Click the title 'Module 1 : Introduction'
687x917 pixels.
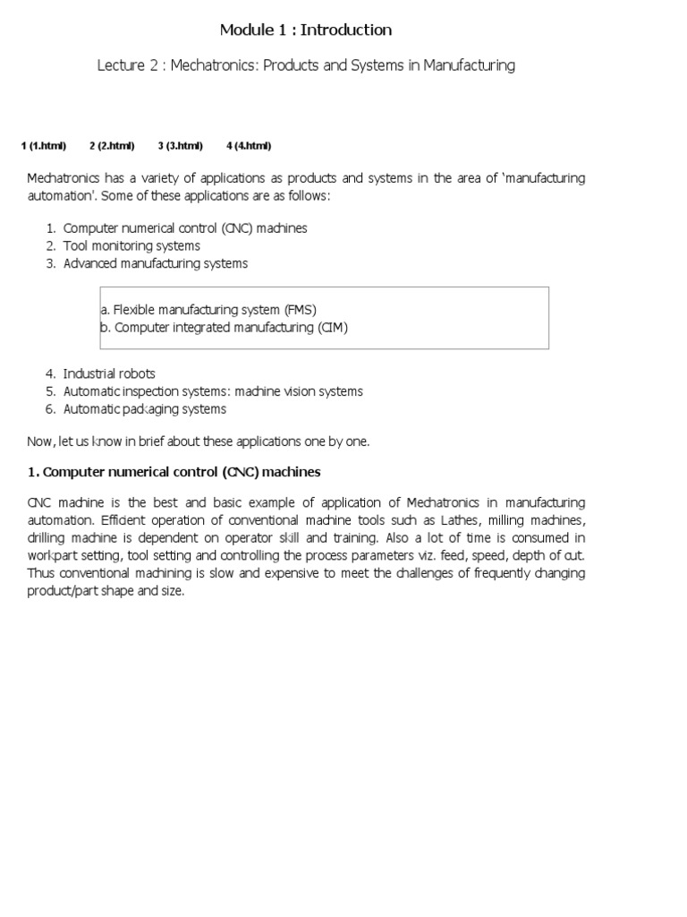[306, 30]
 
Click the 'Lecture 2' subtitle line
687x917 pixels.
[306, 65]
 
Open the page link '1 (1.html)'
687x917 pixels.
[43, 146]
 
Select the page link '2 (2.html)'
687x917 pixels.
[112, 146]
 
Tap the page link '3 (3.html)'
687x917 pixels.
[181, 146]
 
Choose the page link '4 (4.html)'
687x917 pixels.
[249, 146]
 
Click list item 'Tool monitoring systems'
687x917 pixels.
[131, 245]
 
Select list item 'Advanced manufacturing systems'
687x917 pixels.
[156, 263]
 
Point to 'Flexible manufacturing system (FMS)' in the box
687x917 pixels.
[208, 310]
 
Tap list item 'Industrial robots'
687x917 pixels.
[109, 373]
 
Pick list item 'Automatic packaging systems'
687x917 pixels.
[145, 409]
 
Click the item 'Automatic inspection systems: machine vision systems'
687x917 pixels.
[213, 391]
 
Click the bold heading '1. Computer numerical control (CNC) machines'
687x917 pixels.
[174, 471]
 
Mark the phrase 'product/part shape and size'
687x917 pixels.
[106, 591]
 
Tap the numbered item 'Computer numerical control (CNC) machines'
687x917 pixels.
[185, 228]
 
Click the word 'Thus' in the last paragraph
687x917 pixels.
[40, 573]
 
